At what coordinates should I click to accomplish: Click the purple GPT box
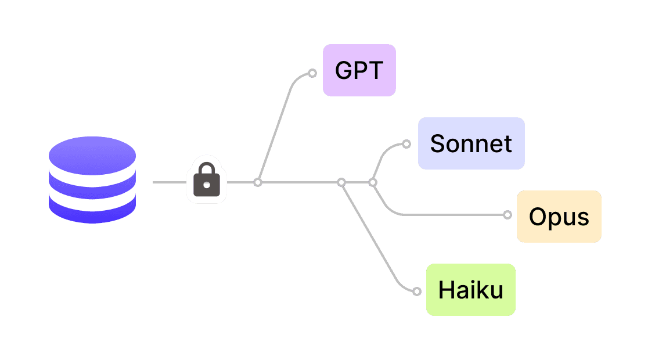click(x=359, y=70)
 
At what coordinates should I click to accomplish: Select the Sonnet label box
click(x=471, y=143)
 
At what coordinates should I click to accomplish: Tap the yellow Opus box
click(x=559, y=217)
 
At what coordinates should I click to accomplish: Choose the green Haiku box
click(x=470, y=290)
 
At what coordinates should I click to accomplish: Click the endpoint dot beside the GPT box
click(x=312, y=73)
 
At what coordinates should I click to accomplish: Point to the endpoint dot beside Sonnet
click(x=406, y=144)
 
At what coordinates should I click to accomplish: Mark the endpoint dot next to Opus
click(x=508, y=215)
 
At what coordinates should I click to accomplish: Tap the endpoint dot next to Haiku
click(x=416, y=291)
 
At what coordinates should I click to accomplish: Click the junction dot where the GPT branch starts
click(x=258, y=182)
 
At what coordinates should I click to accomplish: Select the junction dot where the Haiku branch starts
click(x=341, y=182)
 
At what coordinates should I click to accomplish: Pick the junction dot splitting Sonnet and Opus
click(x=373, y=182)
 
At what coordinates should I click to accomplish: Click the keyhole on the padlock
click(x=206, y=186)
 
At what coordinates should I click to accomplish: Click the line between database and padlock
click(x=168, y=182)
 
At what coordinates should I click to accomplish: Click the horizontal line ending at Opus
click(x=453, y=215)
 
